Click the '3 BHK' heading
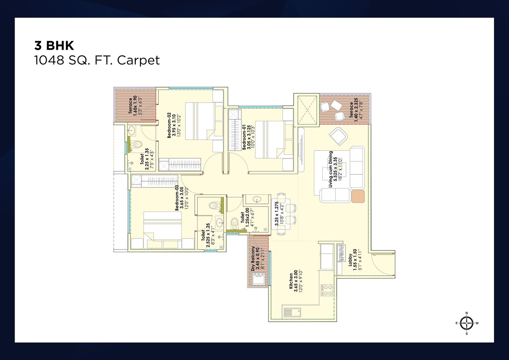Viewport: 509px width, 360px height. pyautogui.click(x=54, y=46)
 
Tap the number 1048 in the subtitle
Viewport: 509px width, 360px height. pyautogui.click(x=49, y=60)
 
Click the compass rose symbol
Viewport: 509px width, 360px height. pyautogui.click(x=467, y=323)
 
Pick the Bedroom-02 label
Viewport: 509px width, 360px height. pyautogui.click(x=174, y=125)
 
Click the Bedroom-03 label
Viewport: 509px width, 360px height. pyautogui.click(x=182, y=198)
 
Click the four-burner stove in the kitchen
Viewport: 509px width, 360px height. pyautogui.click(x=327, y=290)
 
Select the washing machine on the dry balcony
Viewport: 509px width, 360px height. pyautogui.click(x=259, y=279)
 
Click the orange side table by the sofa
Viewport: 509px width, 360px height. pyautogui.click(x=358, y=196)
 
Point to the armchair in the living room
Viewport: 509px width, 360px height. pyautogui.click(x=338, y=136)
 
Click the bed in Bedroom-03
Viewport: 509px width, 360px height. pyautogui.click(x=163, y=230)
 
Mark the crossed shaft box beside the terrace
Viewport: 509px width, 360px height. pyautogui.click(x=307, y=110)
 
